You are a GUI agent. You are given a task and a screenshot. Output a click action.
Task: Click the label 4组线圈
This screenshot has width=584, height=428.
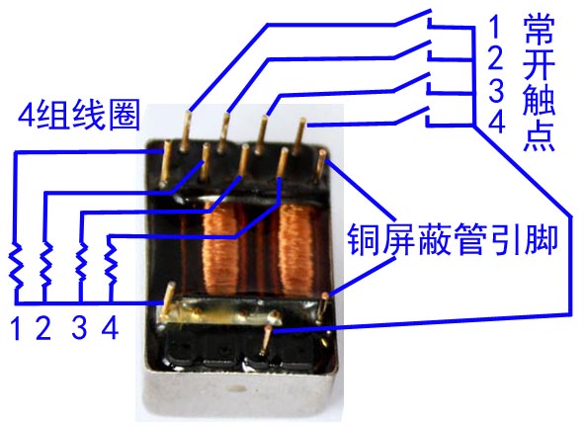coord(79,115)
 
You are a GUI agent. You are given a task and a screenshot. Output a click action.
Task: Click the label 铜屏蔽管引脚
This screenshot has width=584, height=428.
coord(453,239)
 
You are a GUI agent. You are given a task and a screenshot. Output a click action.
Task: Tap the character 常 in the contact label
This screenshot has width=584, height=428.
coord(539,29)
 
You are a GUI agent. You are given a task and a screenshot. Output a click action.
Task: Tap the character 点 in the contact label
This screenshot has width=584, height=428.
coord(539,136)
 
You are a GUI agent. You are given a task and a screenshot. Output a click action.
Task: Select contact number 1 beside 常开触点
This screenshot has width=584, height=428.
coord(495,26)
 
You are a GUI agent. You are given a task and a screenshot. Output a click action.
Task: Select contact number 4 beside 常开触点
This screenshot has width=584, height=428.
coord(496,122)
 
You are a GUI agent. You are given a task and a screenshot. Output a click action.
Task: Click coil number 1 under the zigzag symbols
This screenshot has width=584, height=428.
coord(16,328)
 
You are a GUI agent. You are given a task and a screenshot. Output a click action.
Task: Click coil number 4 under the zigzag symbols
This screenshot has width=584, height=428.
coord(111,327)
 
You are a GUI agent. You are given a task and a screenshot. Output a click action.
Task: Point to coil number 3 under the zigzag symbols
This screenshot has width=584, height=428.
coord(79,327)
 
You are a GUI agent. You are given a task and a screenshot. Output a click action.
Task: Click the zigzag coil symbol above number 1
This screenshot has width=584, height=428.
coord(16,265)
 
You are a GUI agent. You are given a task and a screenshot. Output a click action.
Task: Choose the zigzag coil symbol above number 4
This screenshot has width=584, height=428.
coord(111,263)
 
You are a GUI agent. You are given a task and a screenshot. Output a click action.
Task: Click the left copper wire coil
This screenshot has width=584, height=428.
coord(221,249)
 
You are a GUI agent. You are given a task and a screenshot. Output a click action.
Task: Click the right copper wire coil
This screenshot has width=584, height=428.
coord(296,249)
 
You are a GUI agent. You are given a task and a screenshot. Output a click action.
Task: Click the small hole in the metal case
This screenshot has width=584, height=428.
coord(237,388)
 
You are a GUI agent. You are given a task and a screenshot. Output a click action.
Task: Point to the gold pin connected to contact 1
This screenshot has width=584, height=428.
coord(186,130)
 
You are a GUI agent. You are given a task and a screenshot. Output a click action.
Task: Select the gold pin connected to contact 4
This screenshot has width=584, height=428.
coord(298,136)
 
